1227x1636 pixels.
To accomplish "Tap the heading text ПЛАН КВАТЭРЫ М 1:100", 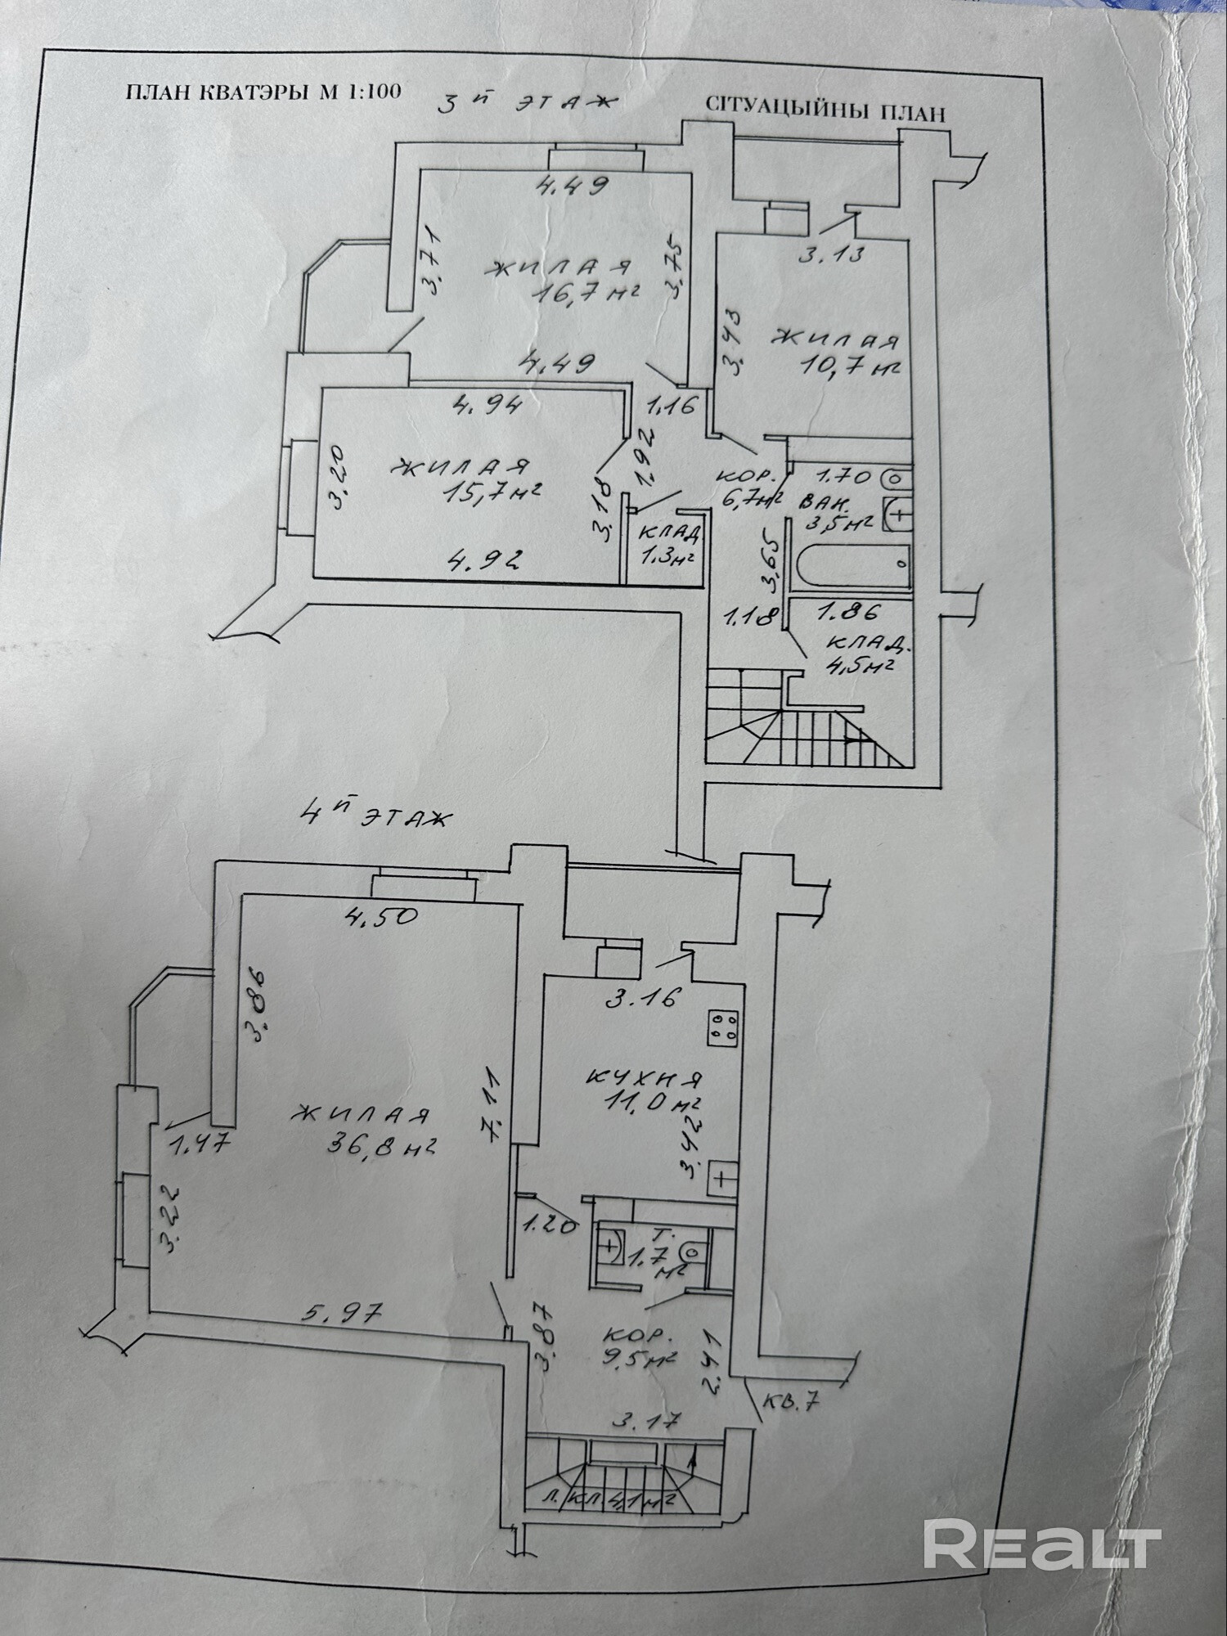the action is (x=263, y=91).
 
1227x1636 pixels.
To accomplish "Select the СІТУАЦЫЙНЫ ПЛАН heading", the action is (x=825, y=110).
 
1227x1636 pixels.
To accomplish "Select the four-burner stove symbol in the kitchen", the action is (x=724, y=1027).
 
